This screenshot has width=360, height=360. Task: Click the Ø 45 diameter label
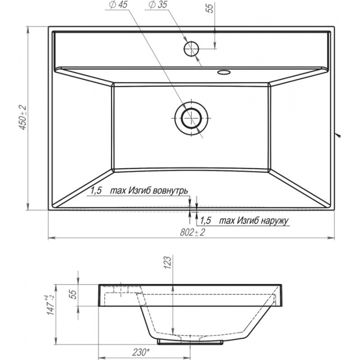pyautogui.click(x=119, y=5)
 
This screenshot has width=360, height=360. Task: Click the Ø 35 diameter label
pyautogui.click(x=158, y=5)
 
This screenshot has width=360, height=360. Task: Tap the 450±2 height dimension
pyautogui.click(x=23, y=118)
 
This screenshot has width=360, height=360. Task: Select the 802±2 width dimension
pyautogui.click(x=192, y=232)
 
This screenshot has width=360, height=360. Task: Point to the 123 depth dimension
pyautogui.click(x=167, y=262)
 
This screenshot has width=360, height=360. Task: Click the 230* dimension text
pyautogui.click(x=141, y=352)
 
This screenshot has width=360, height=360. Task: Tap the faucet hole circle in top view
pyautogui.click(x=191, y=49)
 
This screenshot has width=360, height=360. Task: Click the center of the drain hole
pyautogui.click(x=191, y=118)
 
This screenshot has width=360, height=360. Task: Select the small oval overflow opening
pyautogui.click(x=224, y=73)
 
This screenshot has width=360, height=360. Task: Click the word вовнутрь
pyautogui.click(x=170, y=191)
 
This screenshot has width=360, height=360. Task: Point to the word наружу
pyautogui.click(x=275, y=221)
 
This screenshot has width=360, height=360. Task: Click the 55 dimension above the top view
pyautogui.click(x=210, y=8)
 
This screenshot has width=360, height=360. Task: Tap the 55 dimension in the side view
pyautogui.click(x=73, y=294)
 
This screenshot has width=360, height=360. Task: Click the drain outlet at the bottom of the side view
pyautogui.click(x=190, y=341)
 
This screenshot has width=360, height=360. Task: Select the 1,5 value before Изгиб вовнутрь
pyautogui.click(x=96, y=191)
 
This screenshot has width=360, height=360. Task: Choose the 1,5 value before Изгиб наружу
pyautogui.click(x=206, y=221)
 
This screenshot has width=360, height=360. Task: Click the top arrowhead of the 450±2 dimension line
pyautogui.click(x=28, y=30)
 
